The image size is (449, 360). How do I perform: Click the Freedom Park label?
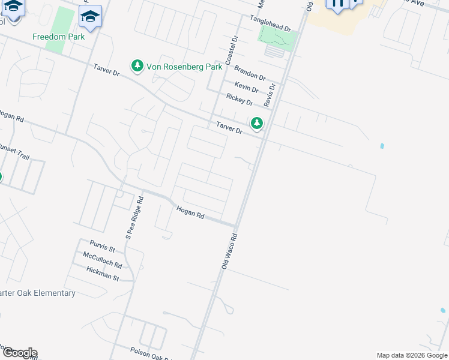[58, 37]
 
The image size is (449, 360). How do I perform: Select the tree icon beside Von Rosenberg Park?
[138, 65]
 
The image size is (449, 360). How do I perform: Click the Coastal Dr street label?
[232, 50]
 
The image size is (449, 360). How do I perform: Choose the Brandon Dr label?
[250, 73]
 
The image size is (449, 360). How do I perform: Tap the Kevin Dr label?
[247, 88]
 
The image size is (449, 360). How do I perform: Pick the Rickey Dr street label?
[239, 99]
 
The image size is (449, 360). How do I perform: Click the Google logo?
[19, 352]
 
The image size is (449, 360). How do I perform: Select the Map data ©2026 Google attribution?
[411, 355]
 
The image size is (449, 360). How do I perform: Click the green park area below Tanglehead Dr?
[277, 39]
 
